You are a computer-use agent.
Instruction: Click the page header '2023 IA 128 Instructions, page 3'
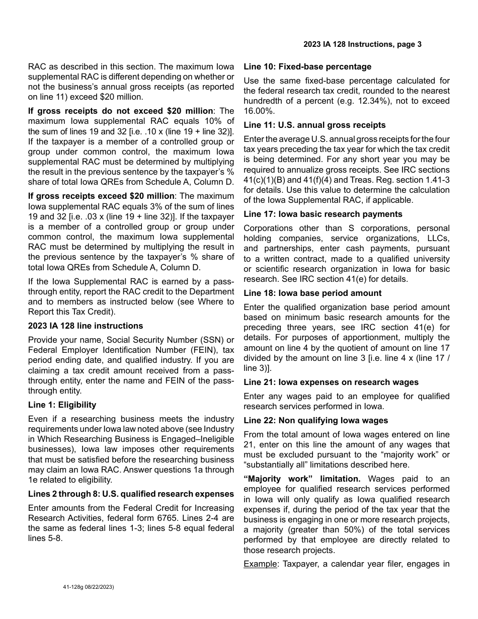[362, 44]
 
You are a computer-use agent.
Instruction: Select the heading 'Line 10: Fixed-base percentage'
[307, 66]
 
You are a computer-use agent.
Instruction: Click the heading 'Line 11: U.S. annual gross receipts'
[314, 125]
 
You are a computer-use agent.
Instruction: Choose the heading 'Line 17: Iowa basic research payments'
[323, 214]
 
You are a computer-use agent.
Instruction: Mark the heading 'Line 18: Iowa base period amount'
[312, 293]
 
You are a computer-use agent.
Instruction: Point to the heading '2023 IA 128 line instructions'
[86, 326]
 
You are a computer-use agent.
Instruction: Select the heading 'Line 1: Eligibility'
[62, 405]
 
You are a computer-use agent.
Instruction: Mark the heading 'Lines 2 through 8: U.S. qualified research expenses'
[131, 494]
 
